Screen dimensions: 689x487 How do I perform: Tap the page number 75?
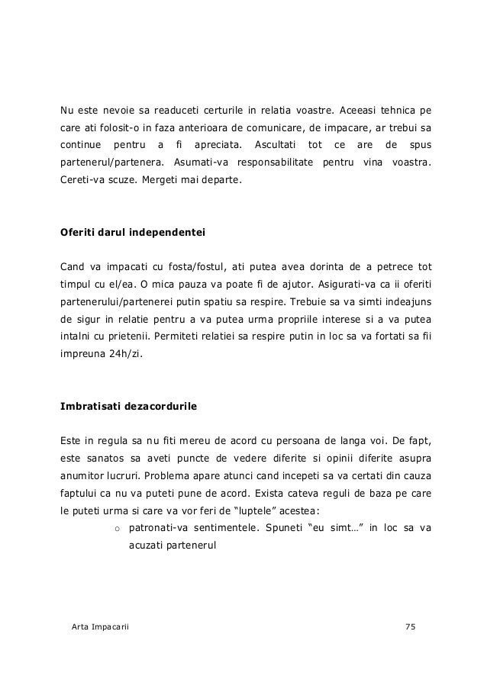(x=411, y=626)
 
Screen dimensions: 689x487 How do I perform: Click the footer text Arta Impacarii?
(x=99, y=626)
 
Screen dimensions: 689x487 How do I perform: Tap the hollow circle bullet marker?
(x=118, y=528)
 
